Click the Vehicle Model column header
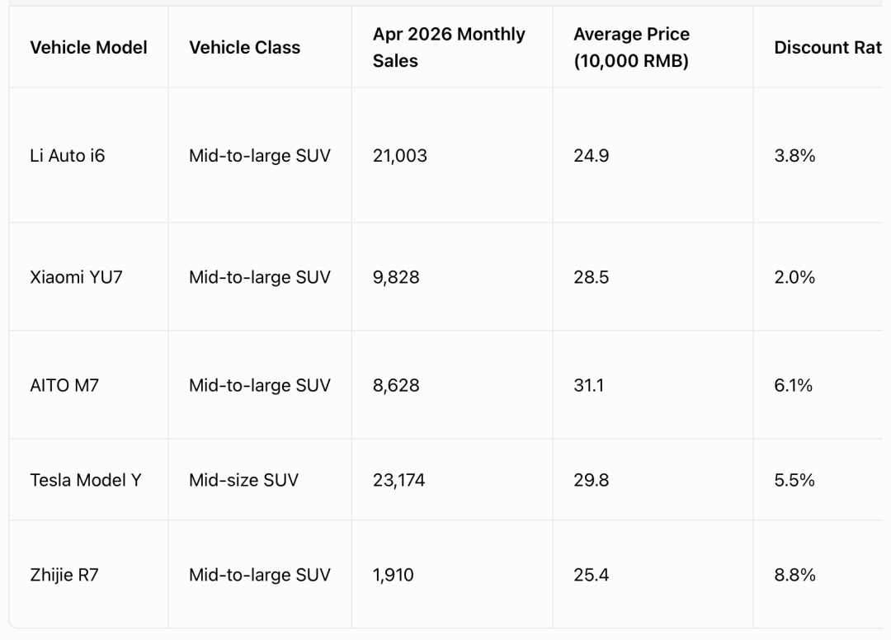click(88, 47)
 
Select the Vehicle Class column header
click(244, 47)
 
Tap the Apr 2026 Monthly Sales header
click(449, 47)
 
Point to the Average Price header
click(631, 47)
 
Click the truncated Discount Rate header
click(828, 47)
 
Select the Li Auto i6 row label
click(67, 156)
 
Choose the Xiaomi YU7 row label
click(76, 277)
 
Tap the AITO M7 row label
click(64, 386)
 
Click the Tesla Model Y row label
click(86, 481)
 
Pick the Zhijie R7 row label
click(64, 575)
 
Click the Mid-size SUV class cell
click(243, 481)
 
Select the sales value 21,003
click(400, 156)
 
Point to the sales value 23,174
click(399, 481)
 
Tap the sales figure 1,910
click(394, 575)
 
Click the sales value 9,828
click(396, 277)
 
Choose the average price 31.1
click(589, 386)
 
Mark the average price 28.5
click(591, 277)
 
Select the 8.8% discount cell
click(794, 575)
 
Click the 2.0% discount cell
click(794, 277)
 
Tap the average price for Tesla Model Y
click(591, 481)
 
